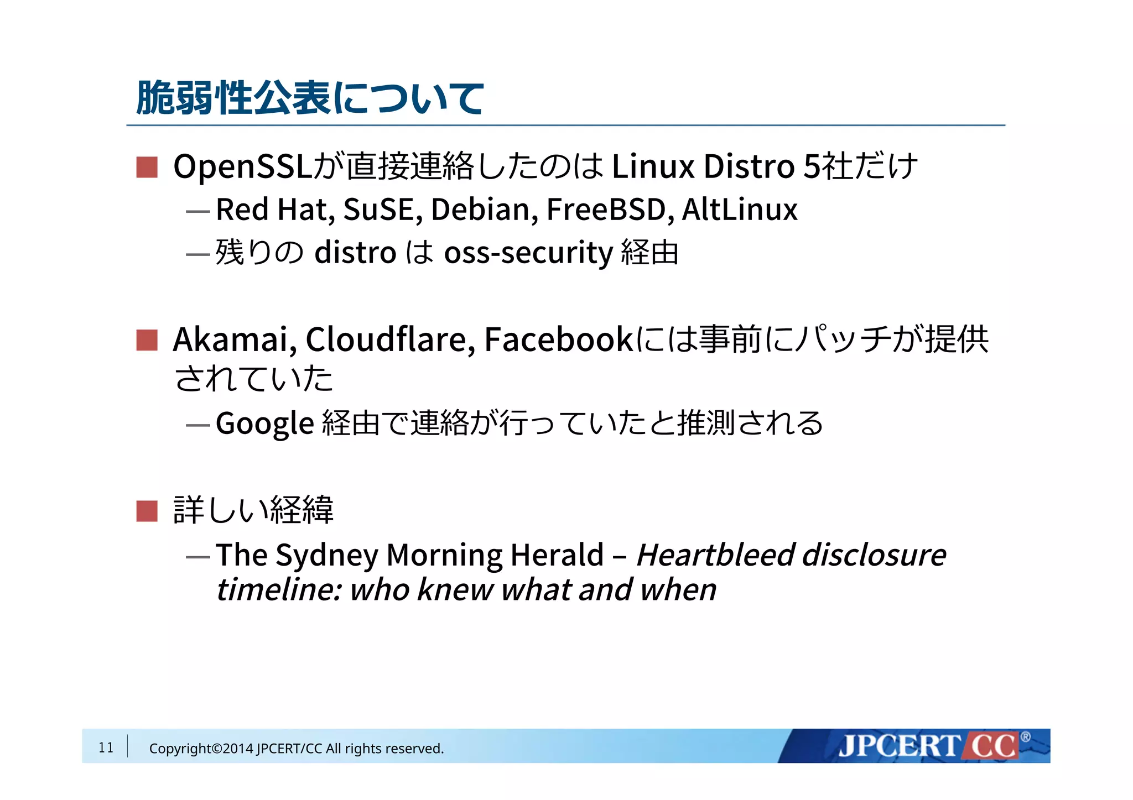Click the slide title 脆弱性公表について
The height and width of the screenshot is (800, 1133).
click(x=310, y=98)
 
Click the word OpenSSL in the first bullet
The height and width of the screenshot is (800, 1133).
click(x=243, y=166)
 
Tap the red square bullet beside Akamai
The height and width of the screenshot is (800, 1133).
click(x=147, y=340)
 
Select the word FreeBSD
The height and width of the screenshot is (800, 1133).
click(x=606, y=210)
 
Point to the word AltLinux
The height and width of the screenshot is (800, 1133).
click(x=739, y=210)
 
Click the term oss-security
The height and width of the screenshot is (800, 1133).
click(x=528, y=253)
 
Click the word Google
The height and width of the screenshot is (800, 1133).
click(x=264, y=424)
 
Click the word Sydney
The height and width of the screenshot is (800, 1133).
click(x=326, y=556)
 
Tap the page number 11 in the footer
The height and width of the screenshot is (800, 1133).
click(x=106, y=747)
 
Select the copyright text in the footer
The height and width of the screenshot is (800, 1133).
click(x=297, y=749)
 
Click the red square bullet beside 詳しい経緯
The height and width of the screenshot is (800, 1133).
click(x=147, y=511)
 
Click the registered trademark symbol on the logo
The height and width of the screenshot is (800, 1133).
click(x=1025, y=736)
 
